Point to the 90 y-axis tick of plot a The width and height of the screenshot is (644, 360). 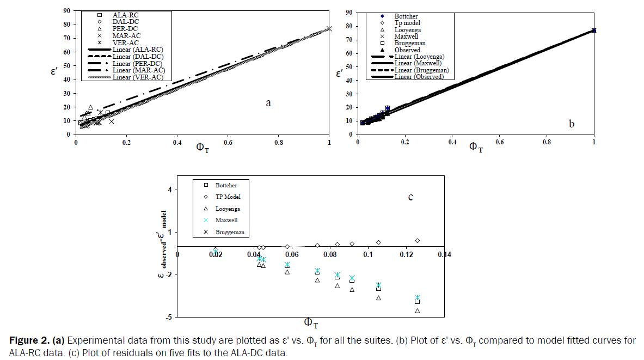tap(65, 10)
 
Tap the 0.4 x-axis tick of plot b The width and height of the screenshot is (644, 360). tap(452, 142)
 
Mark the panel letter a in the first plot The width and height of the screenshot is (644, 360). tap(268, 103)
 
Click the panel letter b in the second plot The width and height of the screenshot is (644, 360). tap(571, 124)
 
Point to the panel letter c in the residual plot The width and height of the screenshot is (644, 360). tap(410, 197)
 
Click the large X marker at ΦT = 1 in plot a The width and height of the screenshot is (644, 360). tap(329, 28)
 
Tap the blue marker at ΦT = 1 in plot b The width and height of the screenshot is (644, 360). tap(594, 30)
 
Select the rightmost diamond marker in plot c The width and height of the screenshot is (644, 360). tap(418, 241)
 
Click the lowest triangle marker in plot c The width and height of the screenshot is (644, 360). tap(418, 311)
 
